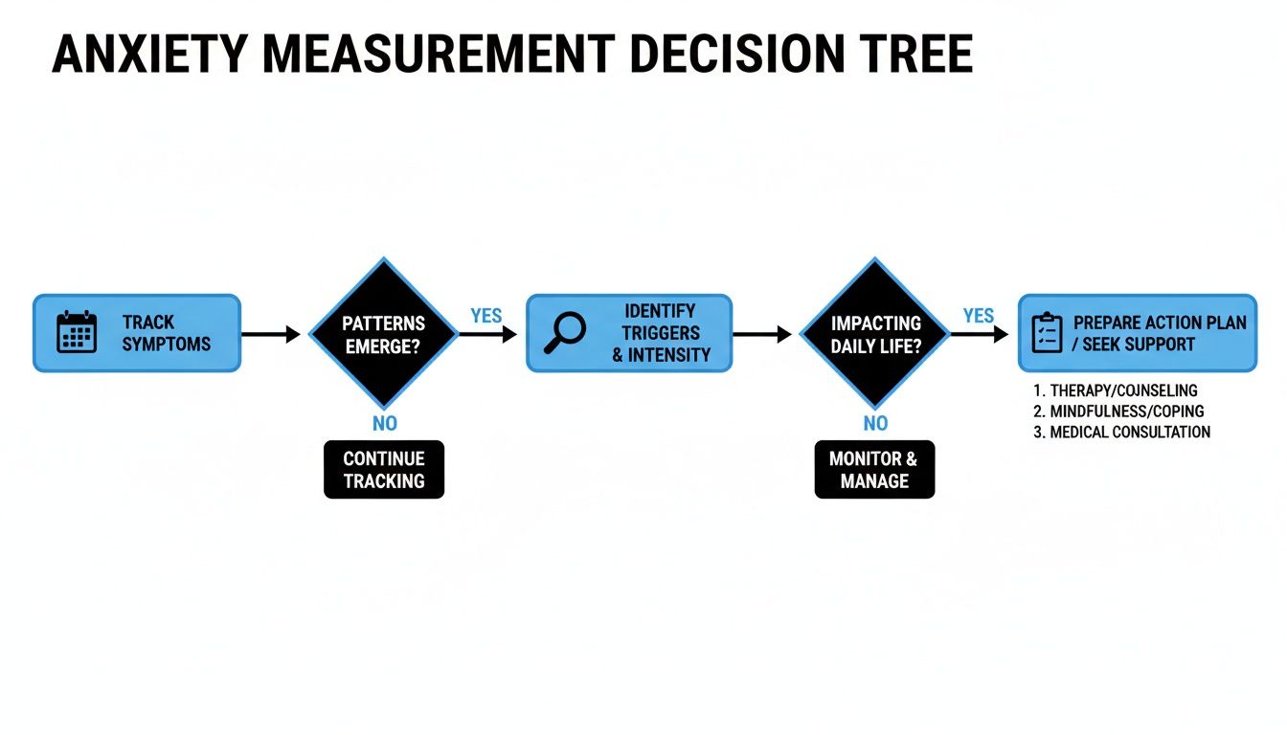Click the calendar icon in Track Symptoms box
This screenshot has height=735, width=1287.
[x=77, y=332]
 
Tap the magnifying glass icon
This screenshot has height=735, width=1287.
[x=564, y=332]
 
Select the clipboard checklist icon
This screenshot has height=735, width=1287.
[x=1047, y=332]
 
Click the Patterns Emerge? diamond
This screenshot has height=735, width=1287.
[x=384, y=333]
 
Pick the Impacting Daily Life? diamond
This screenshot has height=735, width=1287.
[x=875, y=333]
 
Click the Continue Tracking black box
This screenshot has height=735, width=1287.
[x=384, y=469]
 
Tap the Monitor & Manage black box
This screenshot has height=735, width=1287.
[x=873, y=469]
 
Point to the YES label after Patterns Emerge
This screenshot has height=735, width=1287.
[x=485, y=315]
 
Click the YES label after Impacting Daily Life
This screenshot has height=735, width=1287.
[x=978, y=315]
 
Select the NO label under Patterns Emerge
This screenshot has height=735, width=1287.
[x=384, y=423]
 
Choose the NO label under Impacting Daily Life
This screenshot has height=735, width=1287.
[x=875, y=423]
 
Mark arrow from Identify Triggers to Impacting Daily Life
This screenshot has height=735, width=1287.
[x=762, y=334]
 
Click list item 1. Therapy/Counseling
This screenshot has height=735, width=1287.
[x=1116, y=390]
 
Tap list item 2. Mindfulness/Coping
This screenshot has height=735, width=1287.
[x=1118, y=411]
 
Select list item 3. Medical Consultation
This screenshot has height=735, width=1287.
[x=1121, y=432]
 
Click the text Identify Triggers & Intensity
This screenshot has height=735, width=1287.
[x=661, y=332]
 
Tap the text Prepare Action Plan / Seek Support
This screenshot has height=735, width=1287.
[x=1159, y=332]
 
